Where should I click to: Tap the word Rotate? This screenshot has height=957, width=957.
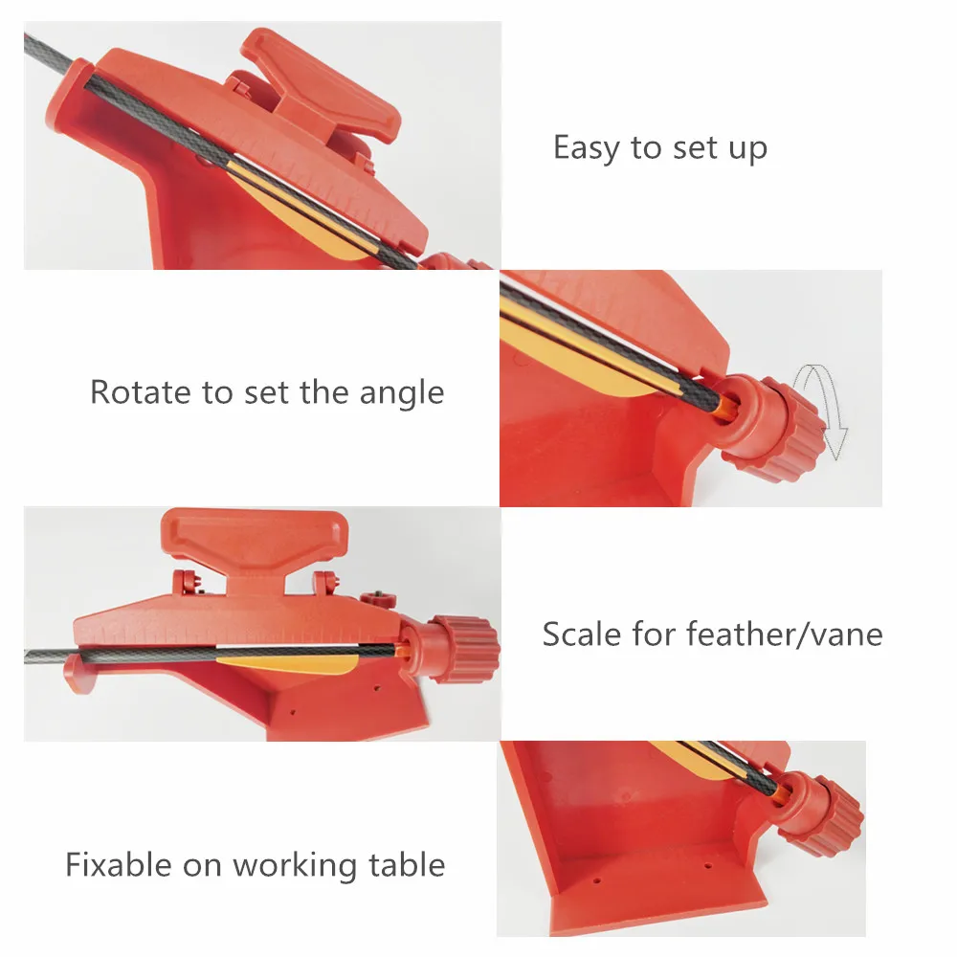[x=140, y=392]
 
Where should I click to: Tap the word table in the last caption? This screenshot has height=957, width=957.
[x=409, y=865]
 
